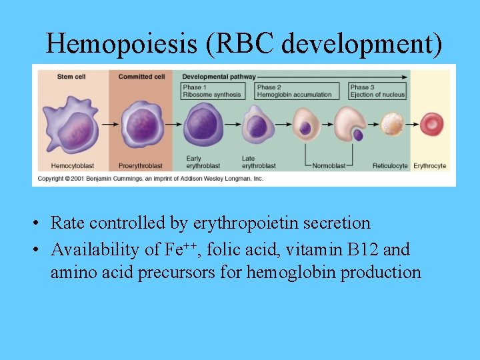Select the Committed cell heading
tap(141, 77)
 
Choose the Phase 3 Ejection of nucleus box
tap(377, 91)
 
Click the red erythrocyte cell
tap(431, 124)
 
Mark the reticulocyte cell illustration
tap(392, 125)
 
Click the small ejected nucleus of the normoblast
tap(358, 135)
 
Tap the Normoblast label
tap(329, 165)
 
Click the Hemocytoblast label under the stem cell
tap(70, 165)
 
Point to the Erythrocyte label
tap(430, 165)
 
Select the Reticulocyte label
tap(391, 165)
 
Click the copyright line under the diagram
tap(150, 179)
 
